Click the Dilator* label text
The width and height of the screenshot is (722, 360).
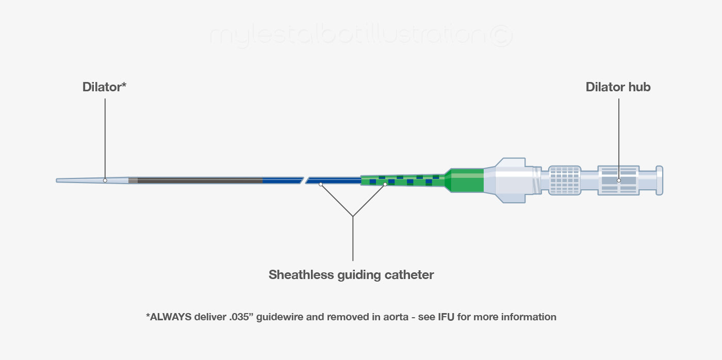point(104,87)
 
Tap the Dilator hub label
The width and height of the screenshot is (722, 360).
point(618,87)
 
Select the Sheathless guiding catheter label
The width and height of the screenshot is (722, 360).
point(351,275)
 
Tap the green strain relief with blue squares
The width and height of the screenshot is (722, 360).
point(402,179)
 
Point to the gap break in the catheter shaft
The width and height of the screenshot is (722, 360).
point(304,180)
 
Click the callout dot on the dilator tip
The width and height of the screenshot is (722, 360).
point(105,181)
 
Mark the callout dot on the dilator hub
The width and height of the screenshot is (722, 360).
point(619,181)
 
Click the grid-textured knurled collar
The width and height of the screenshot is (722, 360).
point(564,180)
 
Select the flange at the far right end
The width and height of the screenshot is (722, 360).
point(659,180)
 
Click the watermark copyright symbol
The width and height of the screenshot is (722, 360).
point(500,36)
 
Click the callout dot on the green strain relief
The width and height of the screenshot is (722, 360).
point(385,184)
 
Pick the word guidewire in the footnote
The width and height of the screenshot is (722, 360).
point(278,317)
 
